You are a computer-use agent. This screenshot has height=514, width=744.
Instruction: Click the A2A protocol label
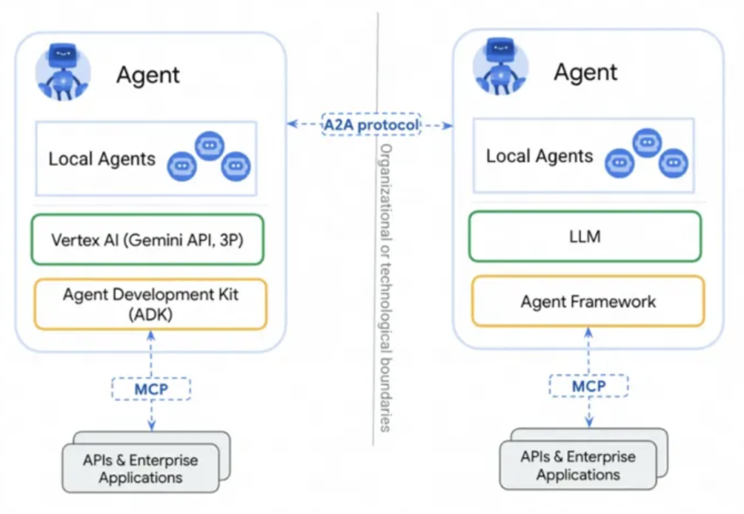pyautogui.click(x=371, y=125)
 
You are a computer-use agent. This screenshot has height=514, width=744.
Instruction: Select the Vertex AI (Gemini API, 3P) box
pyautogui.click(x=147, y=240)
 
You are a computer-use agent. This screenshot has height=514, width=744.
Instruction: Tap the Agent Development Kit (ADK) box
pyautogui.click(x=150, y=305)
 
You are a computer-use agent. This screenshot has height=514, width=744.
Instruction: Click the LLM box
pyautogui.click(x=585, y=236)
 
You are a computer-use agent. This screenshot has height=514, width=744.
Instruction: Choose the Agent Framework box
pyautogui.click(x=588, y=301)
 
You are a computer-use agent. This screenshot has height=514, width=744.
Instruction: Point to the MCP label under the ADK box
pyautogui.click(x=152, y=389)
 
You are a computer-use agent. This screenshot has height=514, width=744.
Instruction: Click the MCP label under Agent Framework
pyautogui.click(x=589, y=386)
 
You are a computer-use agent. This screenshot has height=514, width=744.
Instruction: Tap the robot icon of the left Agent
pyautogui.click(x=63, y=72)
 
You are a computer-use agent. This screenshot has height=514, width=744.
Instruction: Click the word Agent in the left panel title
pyautogui.click(x=148, y=75)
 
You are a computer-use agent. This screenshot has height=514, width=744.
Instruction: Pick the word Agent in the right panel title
pyautogui.click(x=586, y=72)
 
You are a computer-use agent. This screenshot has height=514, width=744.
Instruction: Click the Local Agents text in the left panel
pyautogui.click(x=102, y=159)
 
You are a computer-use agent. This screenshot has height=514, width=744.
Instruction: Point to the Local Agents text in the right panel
pyautogui.click(x=539, y=156)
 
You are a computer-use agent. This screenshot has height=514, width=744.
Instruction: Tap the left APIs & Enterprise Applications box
pyautogui.click(x=141, y=468)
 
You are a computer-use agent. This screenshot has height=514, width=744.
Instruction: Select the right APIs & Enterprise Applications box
pyautogui.click(x=579, y=464)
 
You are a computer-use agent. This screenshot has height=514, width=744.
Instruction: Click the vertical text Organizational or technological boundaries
pyautogui.click(x=386, y=287)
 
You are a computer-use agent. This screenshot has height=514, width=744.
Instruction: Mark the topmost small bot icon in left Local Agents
pyautogui.click(x=209, y=145)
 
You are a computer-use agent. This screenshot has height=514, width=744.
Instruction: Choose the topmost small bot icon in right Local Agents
pyautogui.click(x=647, y=143)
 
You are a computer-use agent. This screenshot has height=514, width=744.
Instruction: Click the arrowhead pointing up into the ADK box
pyautogui.click(x=151, y=335)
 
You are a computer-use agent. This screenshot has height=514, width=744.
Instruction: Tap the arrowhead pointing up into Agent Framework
pyautogui.click(x=588, y=332)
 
